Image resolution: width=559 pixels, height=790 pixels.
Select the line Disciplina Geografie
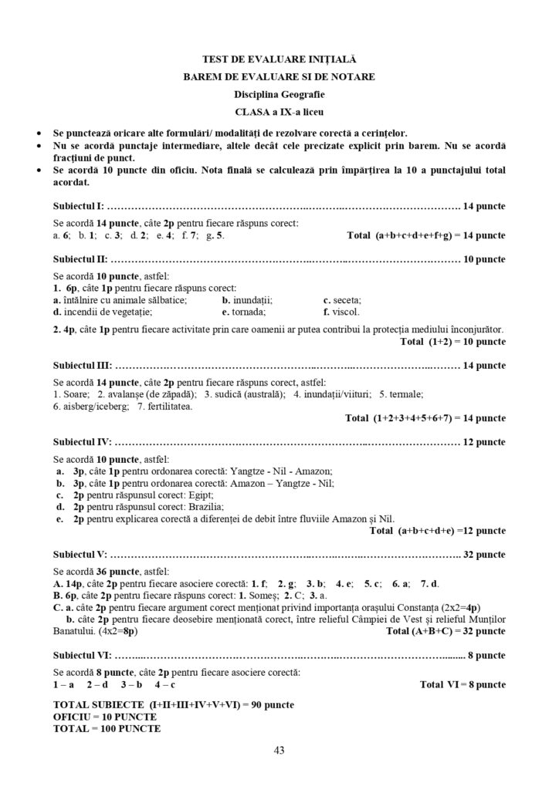279,95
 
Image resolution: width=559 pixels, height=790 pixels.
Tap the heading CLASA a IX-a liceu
279,113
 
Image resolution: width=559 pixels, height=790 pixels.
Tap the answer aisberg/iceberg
93,406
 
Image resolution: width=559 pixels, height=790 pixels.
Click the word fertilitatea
169,406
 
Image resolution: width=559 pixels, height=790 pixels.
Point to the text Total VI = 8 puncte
462,684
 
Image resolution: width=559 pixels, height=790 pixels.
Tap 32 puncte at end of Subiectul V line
484,555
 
